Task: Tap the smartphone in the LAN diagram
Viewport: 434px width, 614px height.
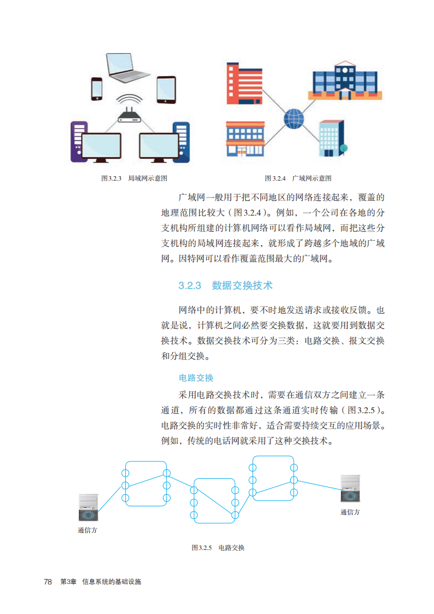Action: (97, 89)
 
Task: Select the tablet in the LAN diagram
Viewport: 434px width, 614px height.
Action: (166, 90)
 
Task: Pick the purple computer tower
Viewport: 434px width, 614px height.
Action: (78, 142)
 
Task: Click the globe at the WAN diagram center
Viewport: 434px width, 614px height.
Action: (294, 119)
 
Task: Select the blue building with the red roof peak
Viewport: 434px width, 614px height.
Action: (345, 80)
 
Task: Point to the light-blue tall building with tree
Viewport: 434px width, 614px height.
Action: (333, 138)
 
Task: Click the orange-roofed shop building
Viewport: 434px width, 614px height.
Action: (246, 139)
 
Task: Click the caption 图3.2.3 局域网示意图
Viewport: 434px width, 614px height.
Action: (134, 178)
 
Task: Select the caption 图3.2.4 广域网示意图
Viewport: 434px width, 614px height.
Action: (298, 178)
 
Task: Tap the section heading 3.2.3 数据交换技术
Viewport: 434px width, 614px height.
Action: (225, 286)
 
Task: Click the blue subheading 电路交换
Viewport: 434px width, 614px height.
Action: (196, 378)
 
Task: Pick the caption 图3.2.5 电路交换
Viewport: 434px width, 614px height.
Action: (218, 547)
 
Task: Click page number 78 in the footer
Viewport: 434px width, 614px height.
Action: (48, 582)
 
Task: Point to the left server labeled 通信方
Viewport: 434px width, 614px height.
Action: (88, 507)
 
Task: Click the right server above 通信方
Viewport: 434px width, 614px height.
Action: (350, 489)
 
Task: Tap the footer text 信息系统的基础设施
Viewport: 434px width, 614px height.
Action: (112, 582)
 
